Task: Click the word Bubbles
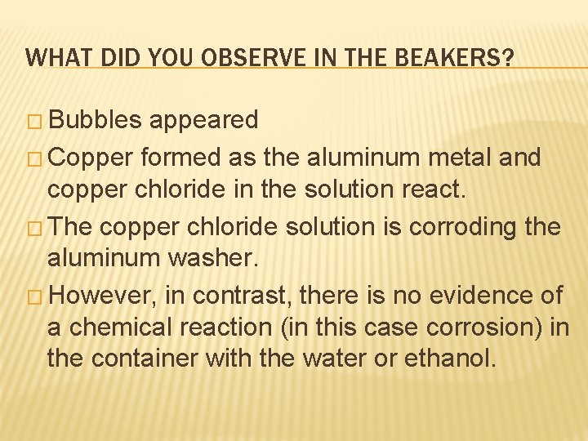tap(96, 120)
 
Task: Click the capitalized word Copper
tap(89, 155)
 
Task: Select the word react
tap(438, 189)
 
